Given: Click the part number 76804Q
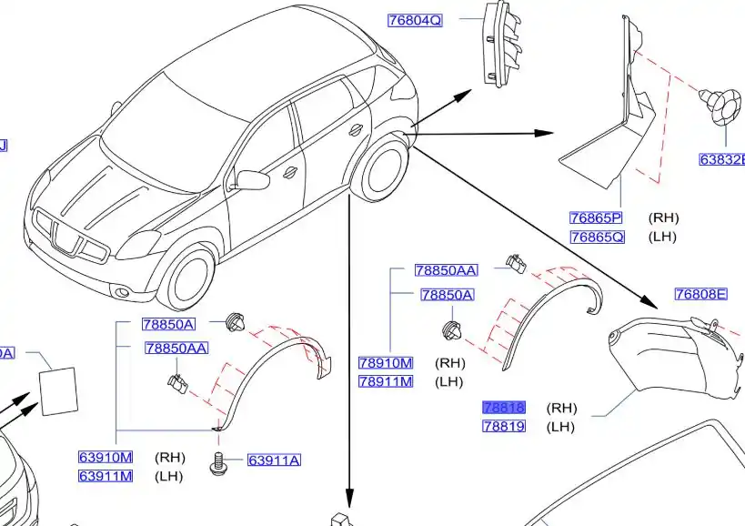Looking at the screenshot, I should (x=415, y=20).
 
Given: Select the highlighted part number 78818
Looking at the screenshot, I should (x=504, y=408).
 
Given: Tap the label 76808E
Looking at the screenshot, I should (x=700, y=294).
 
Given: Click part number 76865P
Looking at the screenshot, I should (x=596, y=217).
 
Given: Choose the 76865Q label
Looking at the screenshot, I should (x=597, y=237).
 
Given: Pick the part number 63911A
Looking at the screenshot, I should (x=273, y=460).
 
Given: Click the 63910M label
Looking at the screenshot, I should (x=106, y=457).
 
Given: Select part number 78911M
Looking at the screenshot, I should (x=385, y=381).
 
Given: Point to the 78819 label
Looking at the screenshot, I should (x=504, y=426).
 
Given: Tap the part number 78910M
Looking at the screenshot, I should (x=385, y=363).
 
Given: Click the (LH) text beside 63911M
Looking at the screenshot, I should (x=169, y=476).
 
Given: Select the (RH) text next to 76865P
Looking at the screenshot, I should (x=663, y=217).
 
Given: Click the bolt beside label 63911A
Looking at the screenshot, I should (x=217, y=463).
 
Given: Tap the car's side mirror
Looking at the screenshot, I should (x=252, y=178).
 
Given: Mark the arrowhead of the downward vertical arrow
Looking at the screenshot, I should (x=349, y=495).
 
